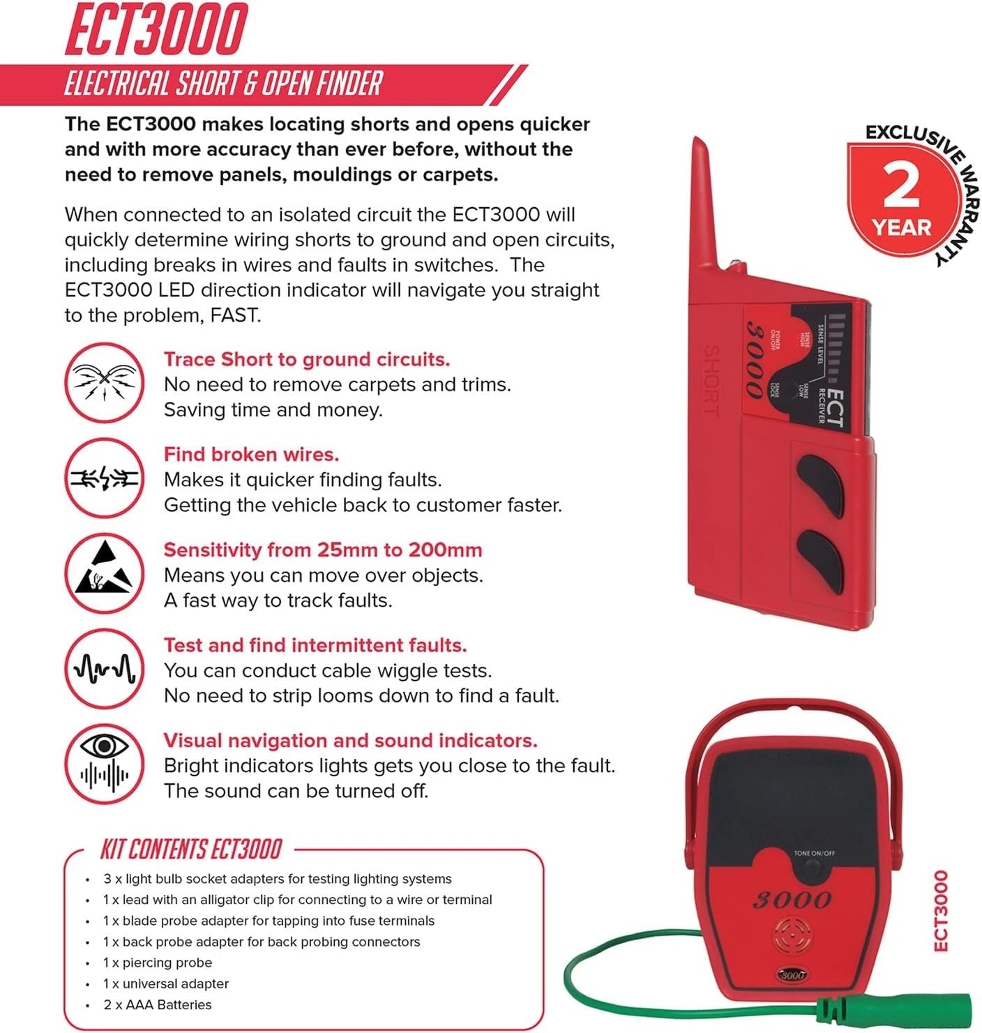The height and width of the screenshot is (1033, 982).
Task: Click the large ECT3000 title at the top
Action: point(156,29)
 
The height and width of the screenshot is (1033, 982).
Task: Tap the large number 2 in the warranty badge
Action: point(901,187)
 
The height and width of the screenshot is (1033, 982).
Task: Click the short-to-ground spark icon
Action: point(105,382)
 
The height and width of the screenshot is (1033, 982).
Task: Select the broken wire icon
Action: point(105,478)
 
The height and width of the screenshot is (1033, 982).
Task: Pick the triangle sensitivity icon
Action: point(105,573)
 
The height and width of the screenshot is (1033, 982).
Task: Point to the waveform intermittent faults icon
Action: point(105,668)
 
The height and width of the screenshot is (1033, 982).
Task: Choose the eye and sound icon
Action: point(105,763)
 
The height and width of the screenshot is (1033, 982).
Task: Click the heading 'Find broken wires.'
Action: point(251,455)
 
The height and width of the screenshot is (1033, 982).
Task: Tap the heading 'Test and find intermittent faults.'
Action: point(315,645)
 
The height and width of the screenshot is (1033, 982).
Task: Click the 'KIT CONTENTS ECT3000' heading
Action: point(190,850)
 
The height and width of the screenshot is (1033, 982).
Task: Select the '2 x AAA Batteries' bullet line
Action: point(157,1005)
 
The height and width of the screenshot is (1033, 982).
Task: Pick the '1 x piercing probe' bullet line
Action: point(157,963)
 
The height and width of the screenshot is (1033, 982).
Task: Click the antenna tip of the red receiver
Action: point(697,146)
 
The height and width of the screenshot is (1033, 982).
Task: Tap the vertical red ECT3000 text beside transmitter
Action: point(941,910)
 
